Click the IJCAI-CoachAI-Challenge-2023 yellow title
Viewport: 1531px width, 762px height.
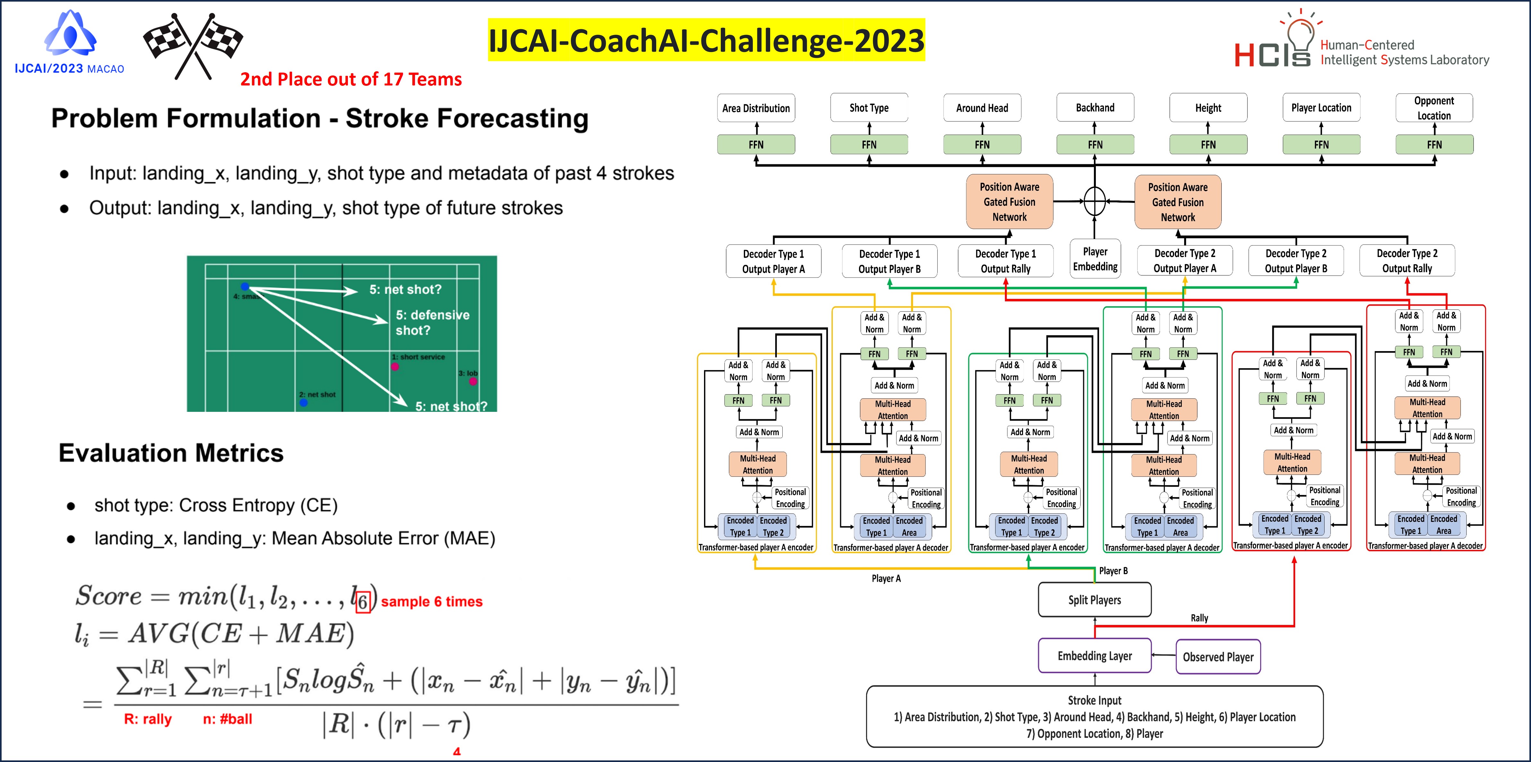click(706, 40)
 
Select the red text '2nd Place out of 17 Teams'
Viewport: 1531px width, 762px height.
click(351, 79)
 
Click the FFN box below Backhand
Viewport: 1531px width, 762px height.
click(1095, 145)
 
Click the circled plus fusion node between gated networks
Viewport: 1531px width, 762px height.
click(1095, 201)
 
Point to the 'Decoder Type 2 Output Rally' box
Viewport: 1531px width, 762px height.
click(1407, 261)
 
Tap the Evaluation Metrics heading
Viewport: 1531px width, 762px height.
click(171, 453)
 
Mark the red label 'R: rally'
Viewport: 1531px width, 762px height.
click(147, 719)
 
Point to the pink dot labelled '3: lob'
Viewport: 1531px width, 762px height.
click(473, 381)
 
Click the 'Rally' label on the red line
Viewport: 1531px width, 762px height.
click(1199, 618)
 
